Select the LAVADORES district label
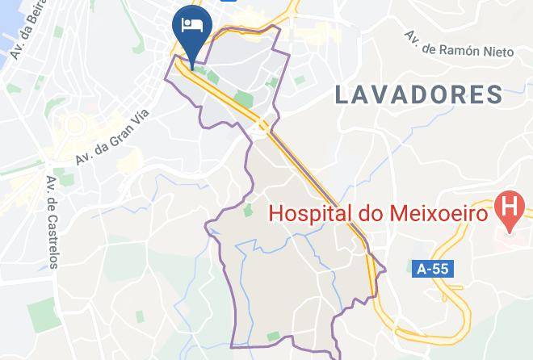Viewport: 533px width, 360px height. [x=419, y=94]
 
